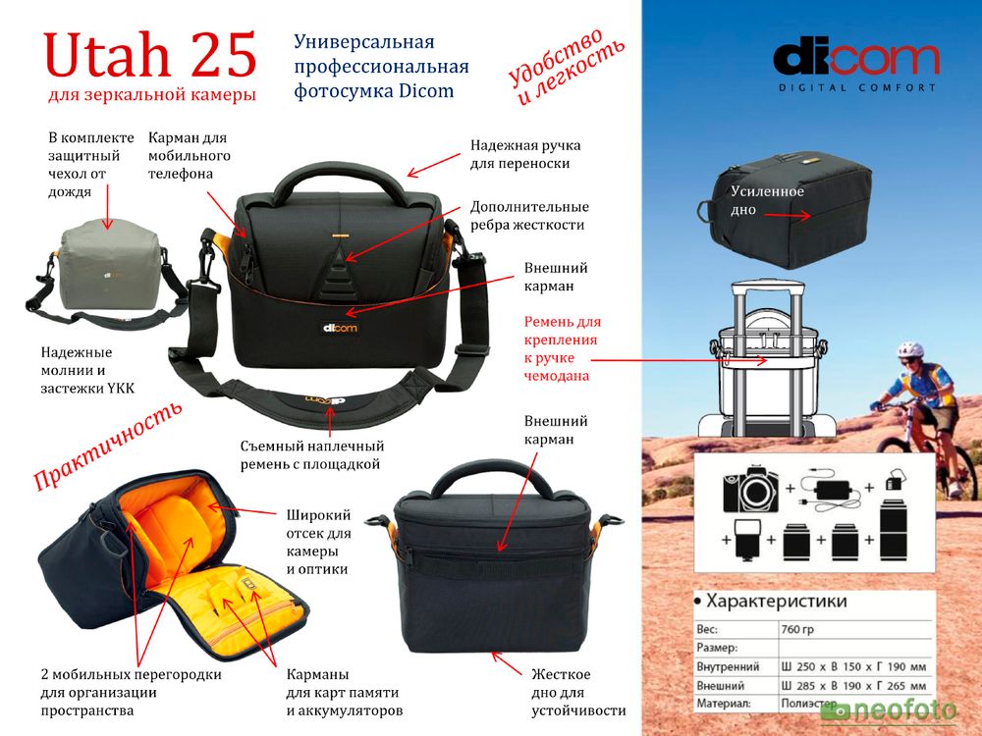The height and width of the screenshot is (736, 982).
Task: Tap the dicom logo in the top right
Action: [855, 61]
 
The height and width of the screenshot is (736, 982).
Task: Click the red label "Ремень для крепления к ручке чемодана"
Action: [563, 348]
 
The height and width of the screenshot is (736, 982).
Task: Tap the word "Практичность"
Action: [108, 447]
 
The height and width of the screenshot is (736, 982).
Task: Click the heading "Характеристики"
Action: [776, 601]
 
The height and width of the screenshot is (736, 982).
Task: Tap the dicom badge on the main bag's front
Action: [339, 328]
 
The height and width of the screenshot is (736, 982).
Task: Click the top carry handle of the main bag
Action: [339, 182]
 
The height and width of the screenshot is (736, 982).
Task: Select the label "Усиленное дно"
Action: [767, 200]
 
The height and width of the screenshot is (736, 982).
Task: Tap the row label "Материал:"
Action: [723, 704]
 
